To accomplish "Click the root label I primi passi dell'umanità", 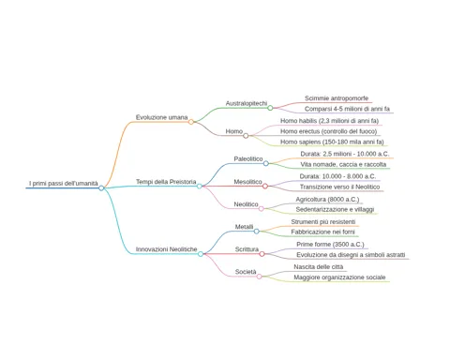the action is [x=64, y=184].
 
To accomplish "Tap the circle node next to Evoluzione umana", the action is [x=191, y=122].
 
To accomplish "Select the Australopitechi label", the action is [x=247, y=103].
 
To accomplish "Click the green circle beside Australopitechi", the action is [x=270, y=108].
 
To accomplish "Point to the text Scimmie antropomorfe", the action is [x=337, y=98].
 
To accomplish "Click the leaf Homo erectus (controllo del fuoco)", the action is [x=329, y=131].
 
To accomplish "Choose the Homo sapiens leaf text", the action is [x=332, y=142].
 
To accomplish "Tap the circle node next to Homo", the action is [x=246, y=136].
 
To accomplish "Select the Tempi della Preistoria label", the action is [x=166, y=182].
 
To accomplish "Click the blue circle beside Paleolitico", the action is [x=266, y=163].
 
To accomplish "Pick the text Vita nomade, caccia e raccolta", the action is [x=343, y=164].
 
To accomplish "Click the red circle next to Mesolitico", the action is [x=265, y=187].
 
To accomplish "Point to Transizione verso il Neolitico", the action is [x=339, y=187].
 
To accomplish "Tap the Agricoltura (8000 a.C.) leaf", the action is [x=327, y=199].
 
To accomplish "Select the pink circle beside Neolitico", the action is [x=262, y=208].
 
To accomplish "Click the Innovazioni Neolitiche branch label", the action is [x=166, y=249].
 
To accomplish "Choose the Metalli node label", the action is [x=244, y=227].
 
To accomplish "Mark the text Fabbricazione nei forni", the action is [x=322, y=232].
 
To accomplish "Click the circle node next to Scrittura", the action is [x=262, y=254].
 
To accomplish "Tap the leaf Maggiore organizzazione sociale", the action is [x=339, y=277].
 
